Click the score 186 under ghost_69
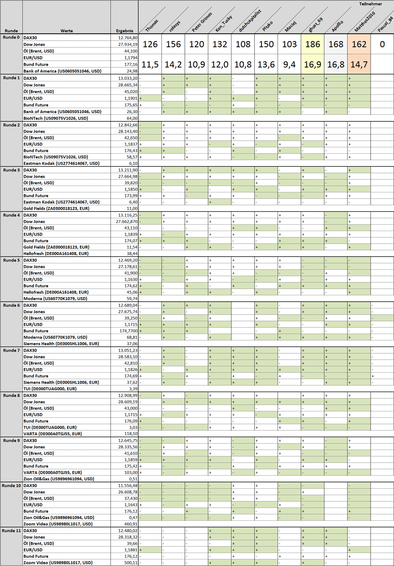pos(313,44)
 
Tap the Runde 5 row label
pos(11,260)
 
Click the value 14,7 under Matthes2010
pos(359,64)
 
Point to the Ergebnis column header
pos(124,31)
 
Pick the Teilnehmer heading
pos(370,4)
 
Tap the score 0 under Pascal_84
pos(382,44)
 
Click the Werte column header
pos(66,31)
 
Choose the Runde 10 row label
pos(11,486)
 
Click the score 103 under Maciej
pos(289,44)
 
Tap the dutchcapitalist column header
pos(250,21)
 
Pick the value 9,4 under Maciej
pos(289,64)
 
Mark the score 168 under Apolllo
pos(336,44)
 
